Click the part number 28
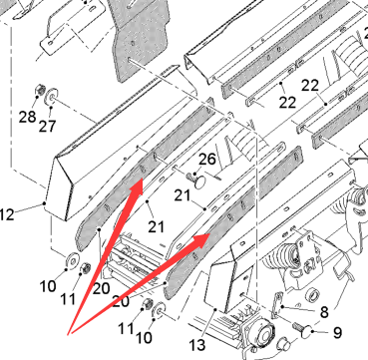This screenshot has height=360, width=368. (x=27, y=117)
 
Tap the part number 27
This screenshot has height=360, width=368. (x=47, y=126)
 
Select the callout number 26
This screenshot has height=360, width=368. (x=207, y=160)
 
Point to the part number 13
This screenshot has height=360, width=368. (x=197, y=345)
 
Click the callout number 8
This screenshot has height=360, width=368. (x=323, y=312)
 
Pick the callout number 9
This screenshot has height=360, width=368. (x=337, y=333)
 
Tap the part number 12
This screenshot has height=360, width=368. (x=7, y=214)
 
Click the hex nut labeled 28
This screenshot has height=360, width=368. (x=40, y=90)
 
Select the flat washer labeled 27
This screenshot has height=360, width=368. (x=52, y=97)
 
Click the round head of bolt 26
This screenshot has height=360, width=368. (x=199, y=182)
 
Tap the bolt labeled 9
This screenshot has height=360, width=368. (x=303, y=329)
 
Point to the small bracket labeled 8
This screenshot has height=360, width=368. (x=277, y=305)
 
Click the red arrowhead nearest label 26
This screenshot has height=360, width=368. (x=137, y=187)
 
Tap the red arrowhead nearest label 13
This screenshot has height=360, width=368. (x=200, y=240)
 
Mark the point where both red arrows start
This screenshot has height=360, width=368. (x=69, y=334)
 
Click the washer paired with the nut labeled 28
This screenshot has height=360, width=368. (x=52, y=97)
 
